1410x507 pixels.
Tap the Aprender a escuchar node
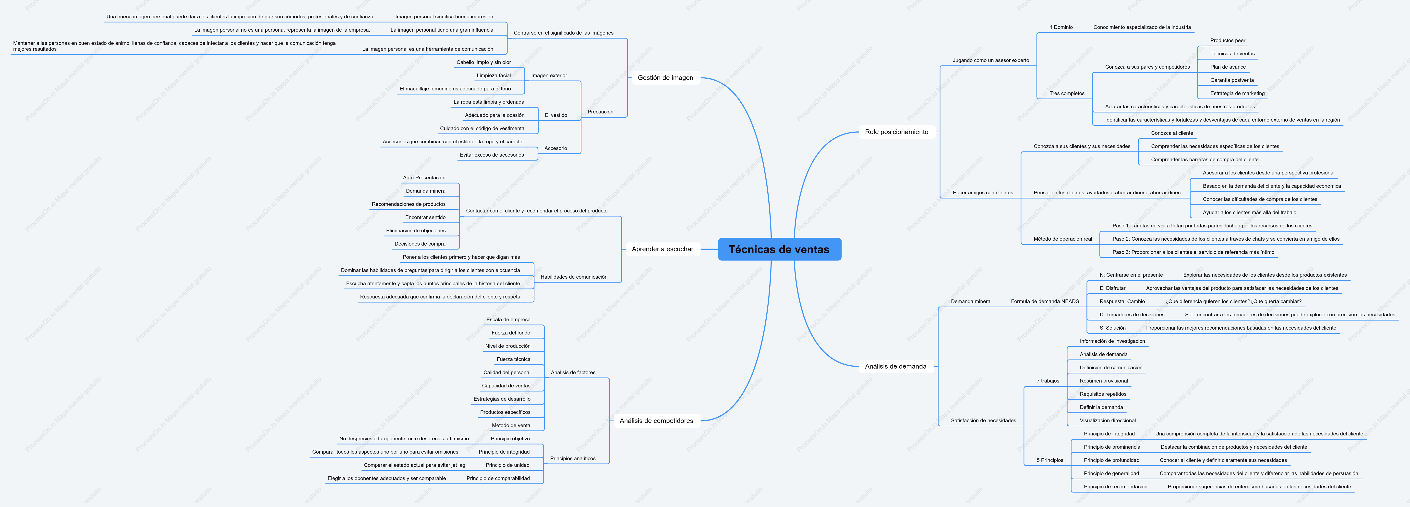[662, 249]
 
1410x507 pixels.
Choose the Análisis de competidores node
[656, 420]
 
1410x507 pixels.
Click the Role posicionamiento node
[897, 132]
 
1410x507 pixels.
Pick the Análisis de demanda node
[895, 366]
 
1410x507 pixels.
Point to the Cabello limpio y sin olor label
[483, 62]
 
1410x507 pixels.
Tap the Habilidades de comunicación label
[574, 277]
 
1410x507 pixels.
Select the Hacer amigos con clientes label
[983, 193]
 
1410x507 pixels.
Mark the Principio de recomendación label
[1115, 487]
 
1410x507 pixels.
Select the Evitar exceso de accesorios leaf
[492, 155]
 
